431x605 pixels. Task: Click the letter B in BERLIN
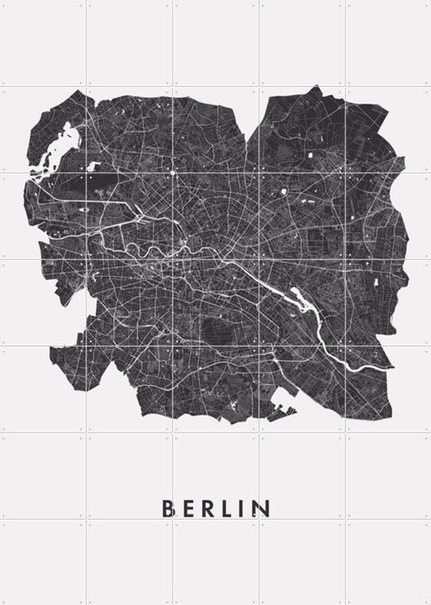coord(167,508)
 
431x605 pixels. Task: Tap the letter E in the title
coord(187,508)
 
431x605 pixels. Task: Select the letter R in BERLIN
coord(208,508)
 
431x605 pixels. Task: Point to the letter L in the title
coord(229,508)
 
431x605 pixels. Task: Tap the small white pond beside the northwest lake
coord(94,166)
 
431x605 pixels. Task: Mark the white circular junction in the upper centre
coord(173,171)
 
